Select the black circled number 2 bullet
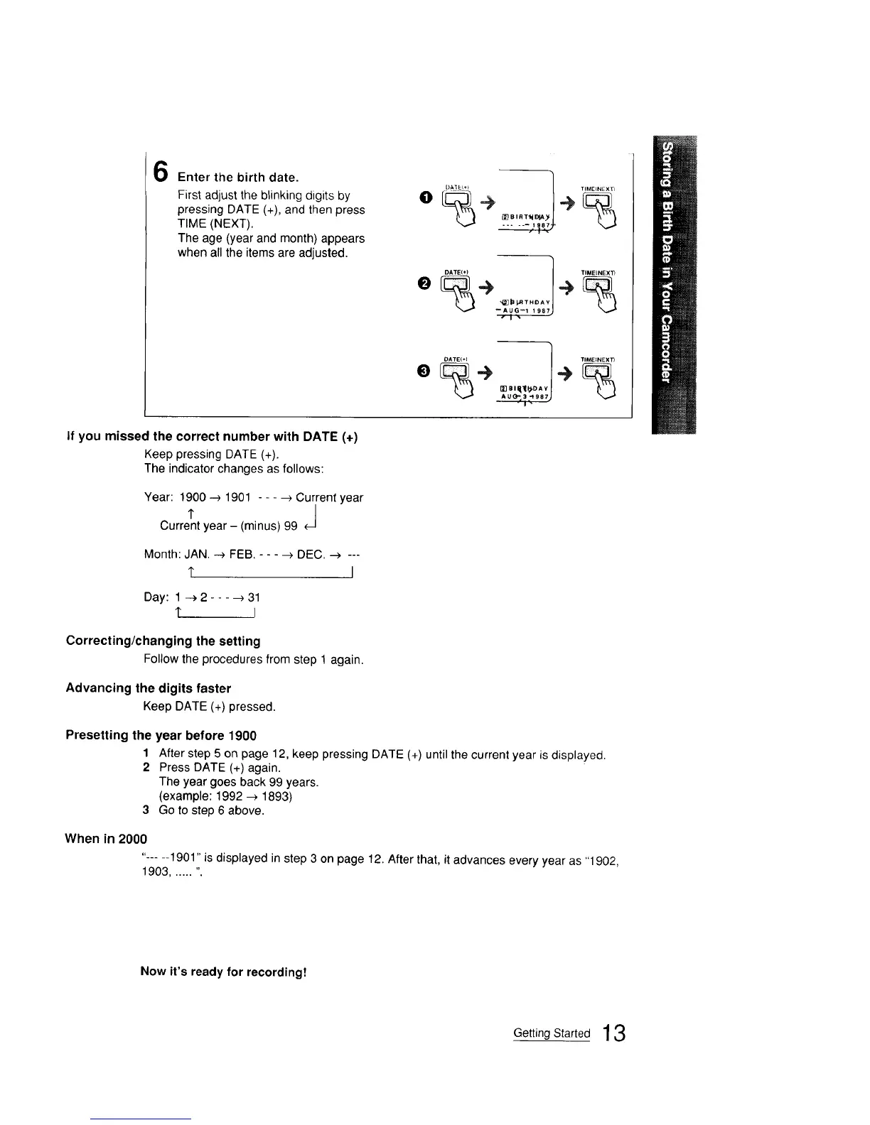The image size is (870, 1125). pyautogui.click(x=424, y=283)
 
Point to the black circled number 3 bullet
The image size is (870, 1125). pyautogui.click(x=424, y=370)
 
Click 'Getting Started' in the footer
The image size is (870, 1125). pyautogui.click(x=552, y=1033)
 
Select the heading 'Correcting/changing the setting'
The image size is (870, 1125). pyautogui.click(x=163, y=641)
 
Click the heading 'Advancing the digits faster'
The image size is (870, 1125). pyautogui.click(x=148, y=687)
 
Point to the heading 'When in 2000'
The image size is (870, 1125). pyautogui.click(x=106, y=838)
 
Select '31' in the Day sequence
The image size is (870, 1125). pyautogui.click(x=254, y=597)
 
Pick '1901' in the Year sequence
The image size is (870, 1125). pyautogui.click(x=237, y=497)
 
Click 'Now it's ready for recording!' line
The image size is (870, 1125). pyautogui.click(x=223, y=971)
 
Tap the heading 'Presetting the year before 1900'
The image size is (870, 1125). pyautogui.click(x=161, y=735)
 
